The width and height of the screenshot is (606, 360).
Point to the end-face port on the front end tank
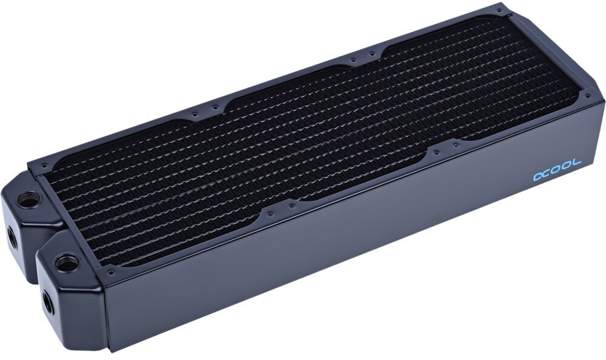pyautogui.click(x=47, y=304)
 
